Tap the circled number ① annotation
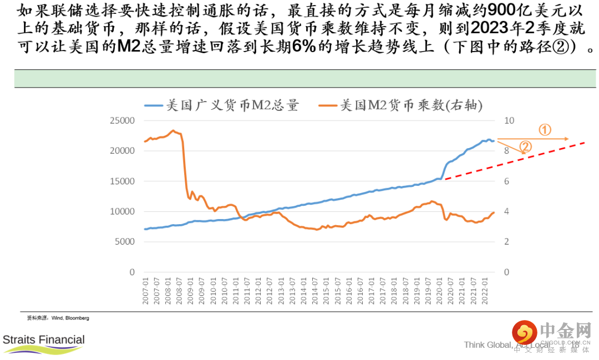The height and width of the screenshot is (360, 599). click(545, 130)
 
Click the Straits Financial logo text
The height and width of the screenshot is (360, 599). click(44, 339)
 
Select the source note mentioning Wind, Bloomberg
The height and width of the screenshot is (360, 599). click(58, 318)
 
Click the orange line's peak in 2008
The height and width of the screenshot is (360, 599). click(173, 131)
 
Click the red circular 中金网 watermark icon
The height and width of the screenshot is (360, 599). click(524, 332)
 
